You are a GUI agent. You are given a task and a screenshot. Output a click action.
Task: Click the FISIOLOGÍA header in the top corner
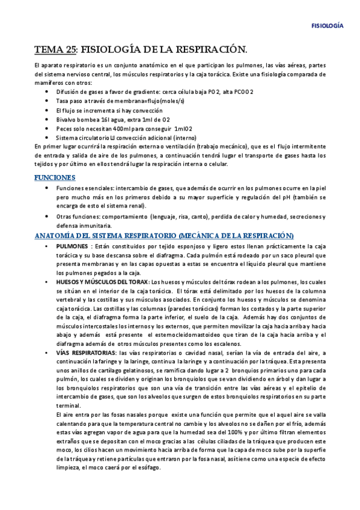(327, 26)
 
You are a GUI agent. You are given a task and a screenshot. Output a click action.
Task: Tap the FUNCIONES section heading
(55, 177)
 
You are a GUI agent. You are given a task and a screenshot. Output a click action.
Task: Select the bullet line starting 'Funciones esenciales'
(190, 188)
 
